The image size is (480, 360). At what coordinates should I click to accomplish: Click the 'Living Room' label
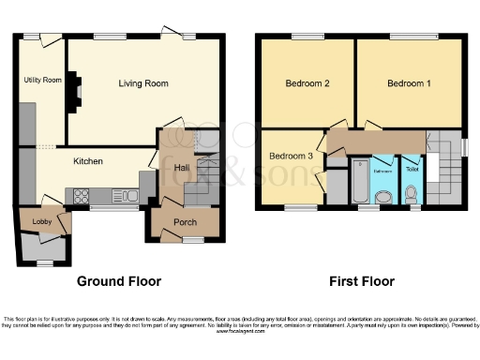pyautogui.click(x=143, y=83)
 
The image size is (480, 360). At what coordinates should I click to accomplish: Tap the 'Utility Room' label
pyautogui.click(x=41, y=81)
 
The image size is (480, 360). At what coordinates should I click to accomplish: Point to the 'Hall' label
pyautogui.click(x=181, y=166)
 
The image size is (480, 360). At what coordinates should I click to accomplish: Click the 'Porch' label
pyautogui.click(x=183, y=222)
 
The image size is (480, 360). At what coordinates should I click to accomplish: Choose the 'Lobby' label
pyautogui.click(x=41, y=221)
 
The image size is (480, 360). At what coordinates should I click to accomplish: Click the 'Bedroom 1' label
pyautogui.click(x=409, y=83)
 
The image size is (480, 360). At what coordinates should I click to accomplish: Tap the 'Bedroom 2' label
pyautogui.click(x=307, y=83)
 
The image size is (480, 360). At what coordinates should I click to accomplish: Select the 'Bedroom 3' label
pyautogui.click(x=290, y=156)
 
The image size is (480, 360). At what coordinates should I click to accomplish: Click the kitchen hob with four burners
pyautogui.click(x=80, y=196)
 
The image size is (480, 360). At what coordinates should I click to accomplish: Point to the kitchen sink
pyautogui.click(x=122, y=196)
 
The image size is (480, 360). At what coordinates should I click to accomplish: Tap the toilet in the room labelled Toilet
pyautogui.click(x=412, y=194)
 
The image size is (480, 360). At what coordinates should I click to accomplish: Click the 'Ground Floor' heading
pyautogui.click(x=119, y=281)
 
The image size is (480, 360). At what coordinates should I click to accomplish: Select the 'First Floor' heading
pyautogui.click(x=361, y=281)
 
